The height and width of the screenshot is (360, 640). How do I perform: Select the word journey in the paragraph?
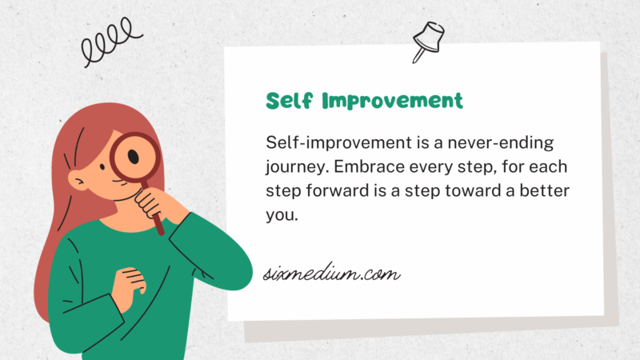click(294, 169)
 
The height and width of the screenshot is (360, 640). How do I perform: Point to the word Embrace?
click(364, 169)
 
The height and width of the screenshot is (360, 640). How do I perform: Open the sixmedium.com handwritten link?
click(331, 275)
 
